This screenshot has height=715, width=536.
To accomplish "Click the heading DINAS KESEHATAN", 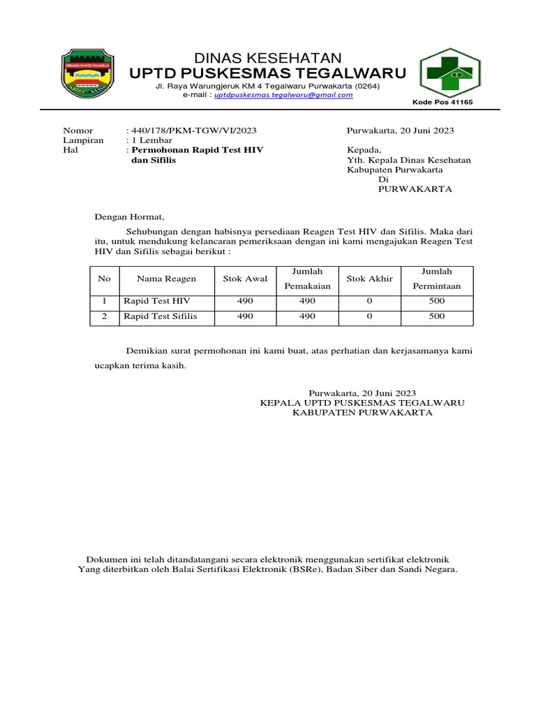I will click(268, 58).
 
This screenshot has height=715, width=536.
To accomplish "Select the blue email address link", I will click(283, 95).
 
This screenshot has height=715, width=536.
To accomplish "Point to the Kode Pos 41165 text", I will click(442, 103).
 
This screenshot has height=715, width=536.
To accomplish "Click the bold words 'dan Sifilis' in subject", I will click(154, 160).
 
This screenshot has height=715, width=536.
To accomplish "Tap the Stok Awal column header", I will click(245, 279).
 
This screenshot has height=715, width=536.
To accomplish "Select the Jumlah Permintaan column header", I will click(437, 279).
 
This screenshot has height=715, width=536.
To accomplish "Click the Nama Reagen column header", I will click(166, 279).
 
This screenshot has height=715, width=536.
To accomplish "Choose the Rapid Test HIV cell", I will click(157, 301).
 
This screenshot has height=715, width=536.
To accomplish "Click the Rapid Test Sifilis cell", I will click(161, 316).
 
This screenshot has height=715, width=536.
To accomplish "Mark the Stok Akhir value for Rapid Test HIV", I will click(369, 301).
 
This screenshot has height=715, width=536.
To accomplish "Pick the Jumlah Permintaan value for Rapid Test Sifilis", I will click(437, 316).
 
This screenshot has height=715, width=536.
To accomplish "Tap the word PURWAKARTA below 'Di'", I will click(415, 189).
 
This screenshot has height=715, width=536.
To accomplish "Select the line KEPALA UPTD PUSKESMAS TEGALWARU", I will click(362, 403).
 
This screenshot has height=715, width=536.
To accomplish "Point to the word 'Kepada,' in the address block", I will click(364, 150).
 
